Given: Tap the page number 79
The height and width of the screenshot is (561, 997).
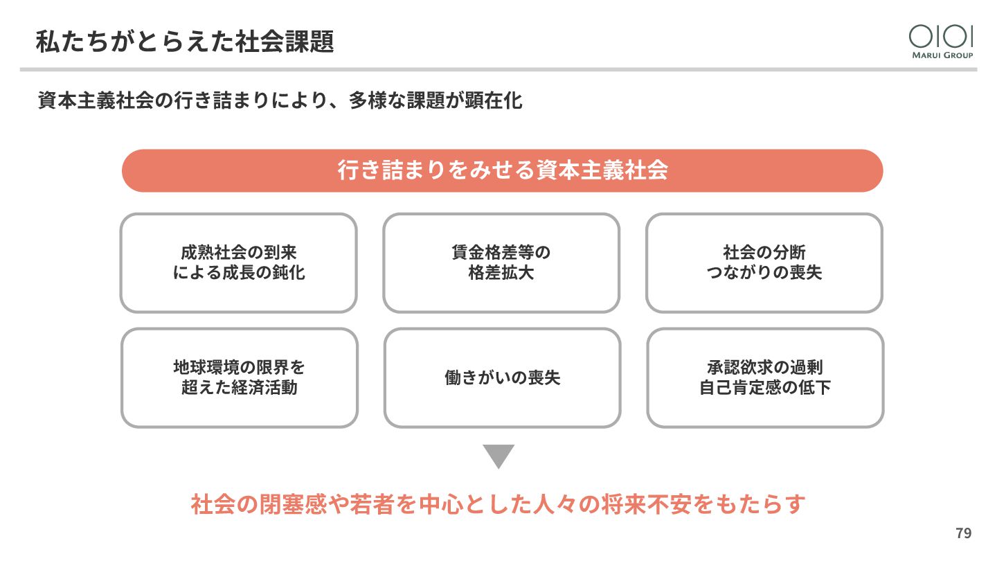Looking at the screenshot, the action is click(x=963, y=533).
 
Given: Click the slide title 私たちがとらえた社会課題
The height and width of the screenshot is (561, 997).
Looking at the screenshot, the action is click(x=185, y=42).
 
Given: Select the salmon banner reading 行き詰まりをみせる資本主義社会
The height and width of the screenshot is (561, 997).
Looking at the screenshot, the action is click(x=502, y=170).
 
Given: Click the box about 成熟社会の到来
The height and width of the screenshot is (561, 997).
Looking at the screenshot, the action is click(x=239, y=262).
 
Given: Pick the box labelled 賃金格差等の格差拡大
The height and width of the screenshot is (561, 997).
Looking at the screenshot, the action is click(x=501, y=262).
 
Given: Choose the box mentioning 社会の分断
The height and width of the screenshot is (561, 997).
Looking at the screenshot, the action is click(x=764, y=262).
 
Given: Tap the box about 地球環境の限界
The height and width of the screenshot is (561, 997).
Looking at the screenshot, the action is click(x=239, y=377).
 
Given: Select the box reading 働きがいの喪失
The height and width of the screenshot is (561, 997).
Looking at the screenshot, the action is click(x=502, y=377).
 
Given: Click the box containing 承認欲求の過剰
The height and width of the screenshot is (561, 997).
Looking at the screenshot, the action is click(x=764, y=377).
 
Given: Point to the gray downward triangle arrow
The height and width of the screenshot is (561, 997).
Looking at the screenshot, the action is click(x=498, y=456).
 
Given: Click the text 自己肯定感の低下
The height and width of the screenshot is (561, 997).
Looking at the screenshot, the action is click(x=764, y=387).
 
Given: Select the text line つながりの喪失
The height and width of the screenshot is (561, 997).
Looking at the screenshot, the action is click(x=764, y=272).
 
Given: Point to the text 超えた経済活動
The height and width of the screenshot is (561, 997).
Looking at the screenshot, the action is click(x=239, y=387).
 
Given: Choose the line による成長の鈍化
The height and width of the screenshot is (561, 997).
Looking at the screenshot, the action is click(x=239, y=272).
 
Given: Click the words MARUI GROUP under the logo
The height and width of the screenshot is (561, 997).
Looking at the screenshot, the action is click(x=941, y=55).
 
